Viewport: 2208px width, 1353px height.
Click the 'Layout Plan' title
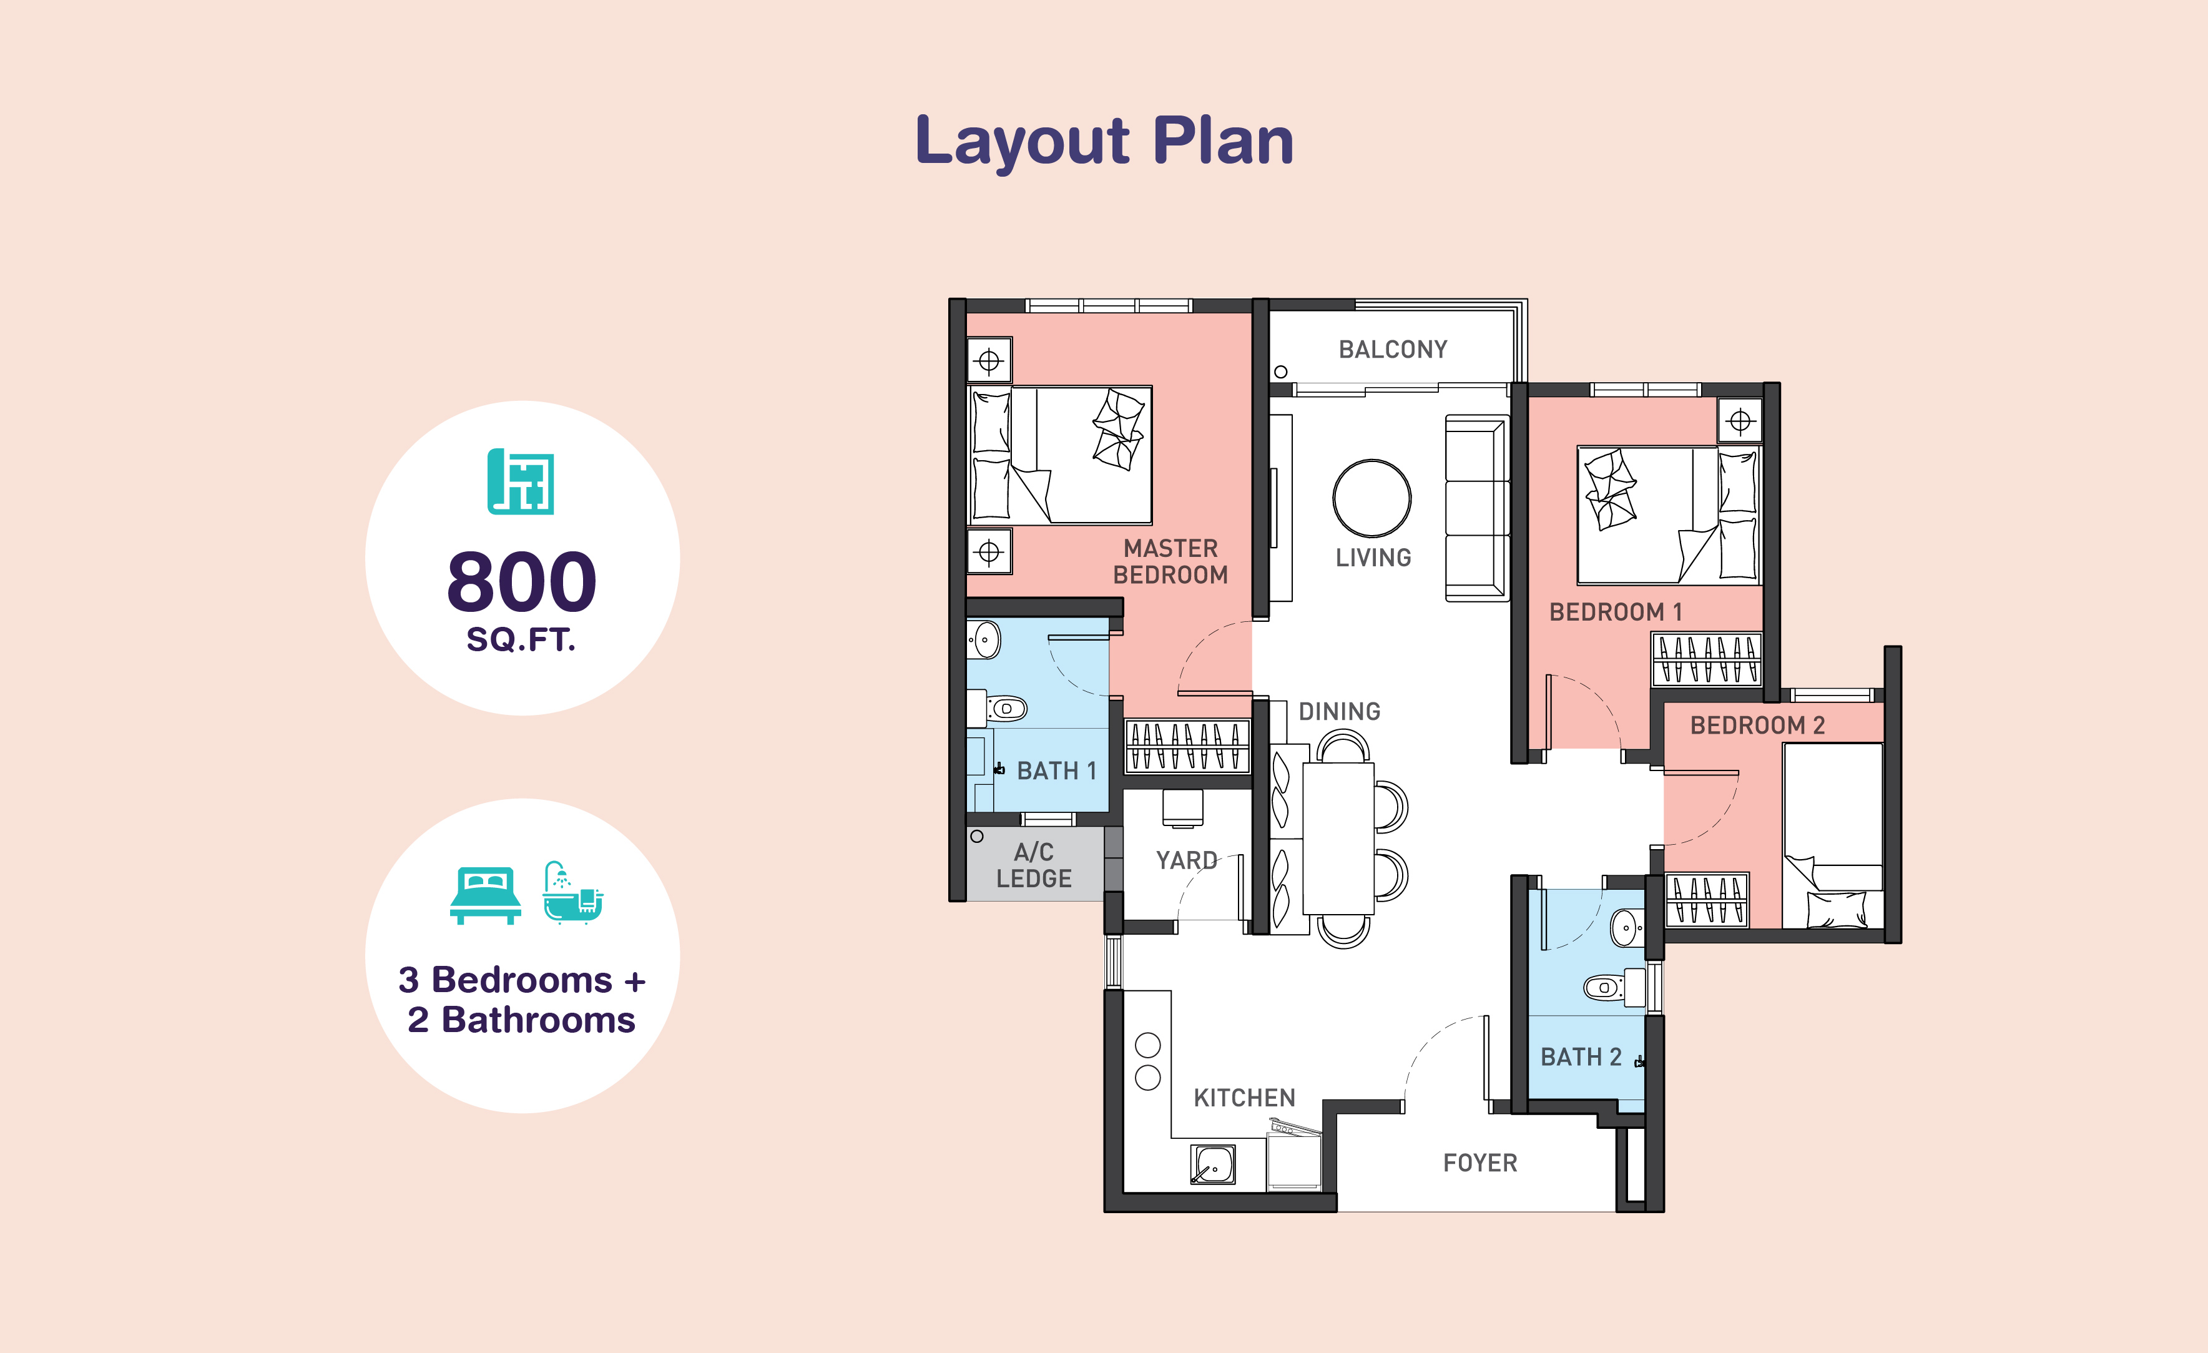(1104, 142)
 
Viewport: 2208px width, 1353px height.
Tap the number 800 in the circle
(521, 581)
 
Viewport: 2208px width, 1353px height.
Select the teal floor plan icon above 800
(521, 482)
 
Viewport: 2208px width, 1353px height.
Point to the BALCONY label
(1393, 350)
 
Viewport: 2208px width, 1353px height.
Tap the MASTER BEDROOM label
(1170, 562)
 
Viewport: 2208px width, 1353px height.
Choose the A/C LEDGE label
(1034, 865)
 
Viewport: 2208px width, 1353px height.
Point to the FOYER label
(1480, 1163)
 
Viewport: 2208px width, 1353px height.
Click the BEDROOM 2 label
(1757, 726)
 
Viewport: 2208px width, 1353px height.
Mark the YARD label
(1187, 861)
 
